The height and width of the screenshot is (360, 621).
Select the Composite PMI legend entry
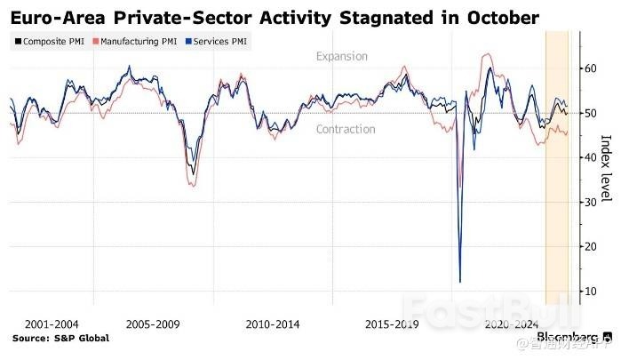52,42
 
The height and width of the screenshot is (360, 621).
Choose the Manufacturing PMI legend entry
139,42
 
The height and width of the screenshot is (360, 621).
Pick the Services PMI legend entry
218,42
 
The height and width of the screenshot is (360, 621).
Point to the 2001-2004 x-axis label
52,324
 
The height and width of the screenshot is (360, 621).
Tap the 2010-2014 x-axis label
272,324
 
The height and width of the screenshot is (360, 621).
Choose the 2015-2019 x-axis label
392,324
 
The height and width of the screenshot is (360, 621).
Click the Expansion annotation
342,57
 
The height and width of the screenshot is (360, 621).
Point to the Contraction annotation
346,130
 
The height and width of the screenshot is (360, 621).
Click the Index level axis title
607,169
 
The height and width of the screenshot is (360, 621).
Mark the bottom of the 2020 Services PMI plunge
460,282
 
